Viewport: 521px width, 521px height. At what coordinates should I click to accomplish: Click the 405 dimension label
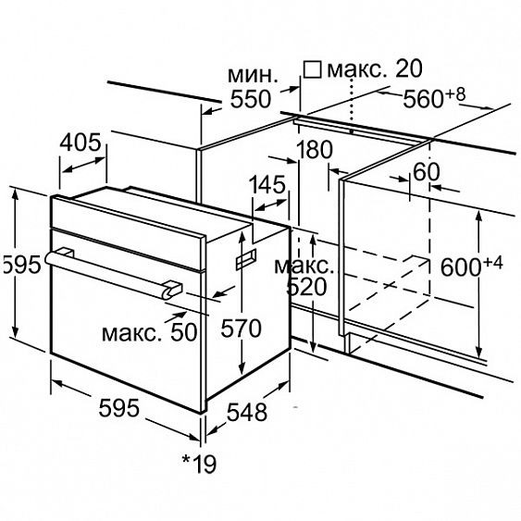(x=81, y=143)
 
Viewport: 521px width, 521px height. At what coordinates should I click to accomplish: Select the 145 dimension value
(x=267, y=184)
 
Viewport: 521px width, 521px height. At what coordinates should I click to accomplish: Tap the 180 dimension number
(x=314, y=150)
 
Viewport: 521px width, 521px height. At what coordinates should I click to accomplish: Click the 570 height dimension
(x=242, y=329)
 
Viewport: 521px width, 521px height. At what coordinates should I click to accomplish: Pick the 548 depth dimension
(x=247, y=413)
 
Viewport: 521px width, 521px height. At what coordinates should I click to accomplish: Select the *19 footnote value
(x=199, y=464)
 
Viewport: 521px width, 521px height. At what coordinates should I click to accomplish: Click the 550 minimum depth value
(x=251, y=99)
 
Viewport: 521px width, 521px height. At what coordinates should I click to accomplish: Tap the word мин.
(x=253, y=76)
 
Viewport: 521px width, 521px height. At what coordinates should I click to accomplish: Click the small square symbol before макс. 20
(x=313, y=69)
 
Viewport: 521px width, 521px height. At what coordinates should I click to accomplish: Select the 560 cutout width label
(x=423, y=99)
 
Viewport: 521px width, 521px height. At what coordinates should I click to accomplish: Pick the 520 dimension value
(x=306, y=287)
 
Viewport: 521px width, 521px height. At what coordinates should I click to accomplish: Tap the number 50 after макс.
(x=184, y=331)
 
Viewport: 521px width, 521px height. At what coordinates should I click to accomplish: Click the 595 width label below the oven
(x=119, y=408)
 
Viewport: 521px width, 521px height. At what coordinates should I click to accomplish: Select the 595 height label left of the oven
(x=21, y=265)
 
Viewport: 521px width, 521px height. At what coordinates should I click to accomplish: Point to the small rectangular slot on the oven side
(x=246, y=259)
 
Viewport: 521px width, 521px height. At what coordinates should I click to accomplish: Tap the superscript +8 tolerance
(x=455, y=94)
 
